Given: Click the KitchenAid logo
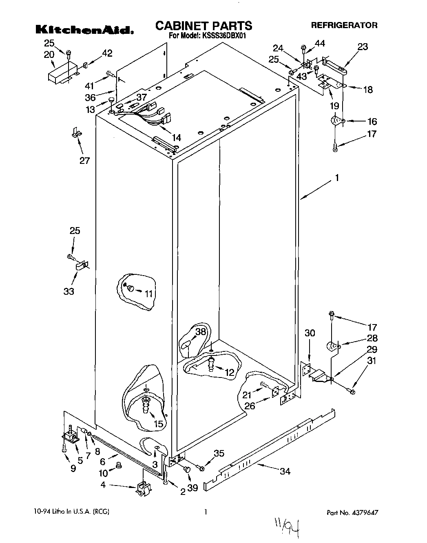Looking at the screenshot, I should pyautogui.click(x=84, y=29).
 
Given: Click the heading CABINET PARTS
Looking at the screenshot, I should pyautogui.click(x=204, y=26).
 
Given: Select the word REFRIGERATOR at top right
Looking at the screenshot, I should pyautogui.click(x=344, y=25).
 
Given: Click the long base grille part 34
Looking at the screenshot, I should pyautogui.click(x=269, y=448).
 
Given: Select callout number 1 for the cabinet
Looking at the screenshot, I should pyautogui.click(x=337, y=178).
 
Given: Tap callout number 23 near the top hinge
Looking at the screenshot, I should pyautogui.click(x=362, y=47).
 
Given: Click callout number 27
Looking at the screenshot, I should pyautogui.click(x=84, y=160).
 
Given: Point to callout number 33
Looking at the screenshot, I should pyautogui.click(x=69, y=291).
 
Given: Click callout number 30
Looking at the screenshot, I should pyautogui.click(x=310, y=333).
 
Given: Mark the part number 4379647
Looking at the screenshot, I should pyautogui.click(x=366, y=512).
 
